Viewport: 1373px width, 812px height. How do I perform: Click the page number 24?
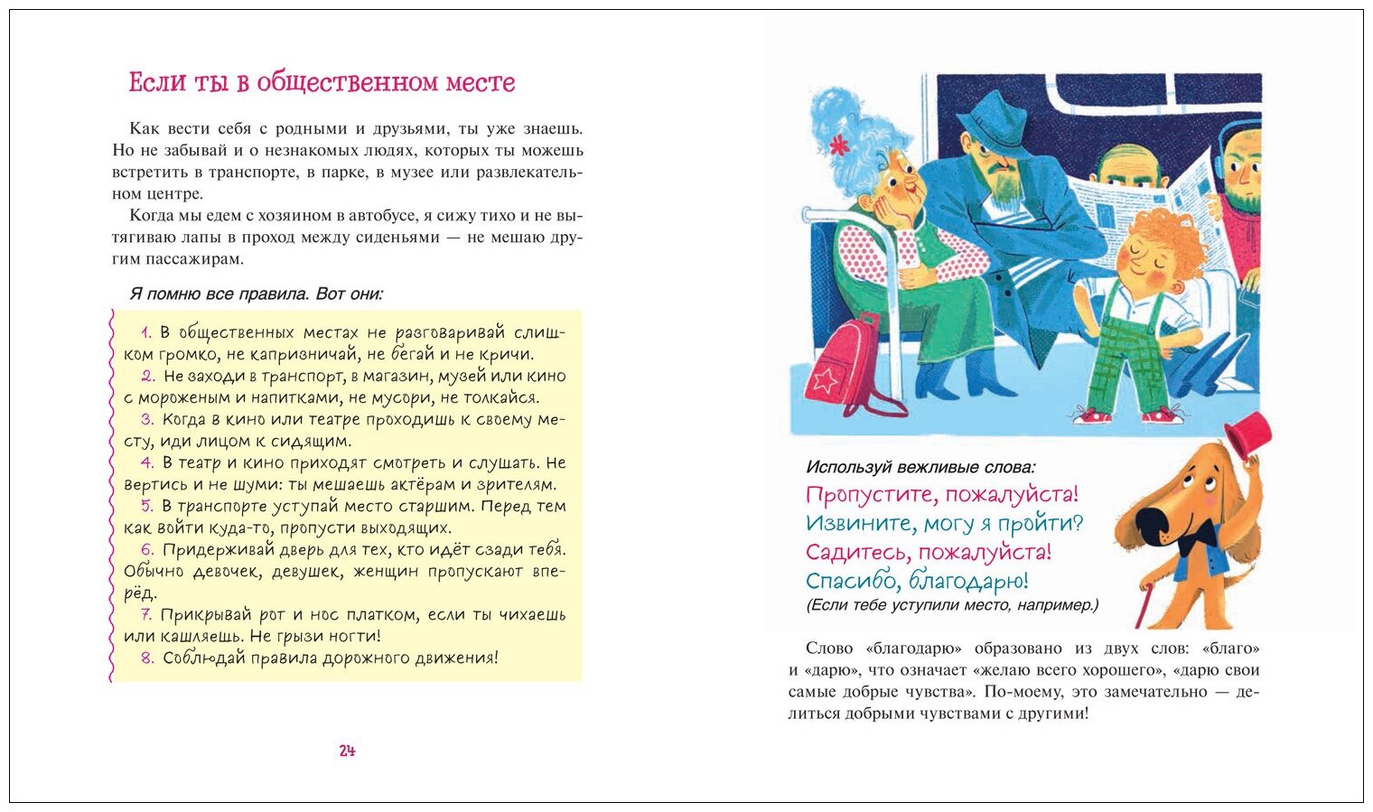coord(348,751)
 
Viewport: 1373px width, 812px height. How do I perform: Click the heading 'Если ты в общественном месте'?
coord(322,82)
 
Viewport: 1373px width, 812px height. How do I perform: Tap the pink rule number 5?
coord(146,506)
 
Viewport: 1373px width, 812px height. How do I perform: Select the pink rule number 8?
coord(147,658)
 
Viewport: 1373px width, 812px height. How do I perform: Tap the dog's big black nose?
coord(1149,525)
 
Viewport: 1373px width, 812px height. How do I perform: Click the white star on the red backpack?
coord(825,379)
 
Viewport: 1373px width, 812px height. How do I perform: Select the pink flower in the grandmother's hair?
coord(839,144)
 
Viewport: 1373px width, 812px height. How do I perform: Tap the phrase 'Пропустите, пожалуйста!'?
coord(941,495)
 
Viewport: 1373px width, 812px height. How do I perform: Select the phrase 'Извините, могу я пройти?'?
coord(944,524)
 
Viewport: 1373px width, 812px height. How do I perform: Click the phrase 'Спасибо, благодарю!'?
coord(917,581)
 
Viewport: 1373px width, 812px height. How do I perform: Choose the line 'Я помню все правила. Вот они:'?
coord(257,294)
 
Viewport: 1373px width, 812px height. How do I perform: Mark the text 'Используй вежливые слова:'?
coord(920,467)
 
